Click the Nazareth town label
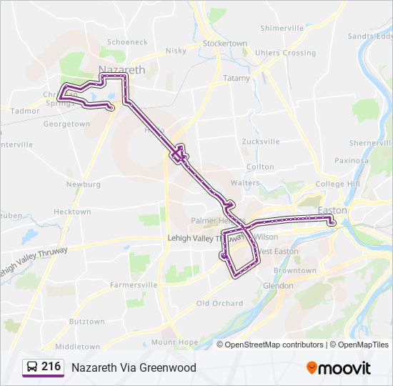pos(121,69)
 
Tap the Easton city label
pos(332,211)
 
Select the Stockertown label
pos(224,44)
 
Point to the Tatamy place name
pos(237,78)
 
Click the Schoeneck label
pos(126,42)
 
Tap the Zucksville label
pos(261,142)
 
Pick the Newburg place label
pos(83,184)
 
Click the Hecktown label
pos(72,212)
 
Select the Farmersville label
pos(134,284)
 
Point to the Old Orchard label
pos(219,303)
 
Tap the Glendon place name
pos(277,286)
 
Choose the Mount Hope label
pos(174,342)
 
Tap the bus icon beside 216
pos(31,367)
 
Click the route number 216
pos(51,367)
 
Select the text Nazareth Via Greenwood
pos(134,367)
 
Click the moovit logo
pos(339,367)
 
